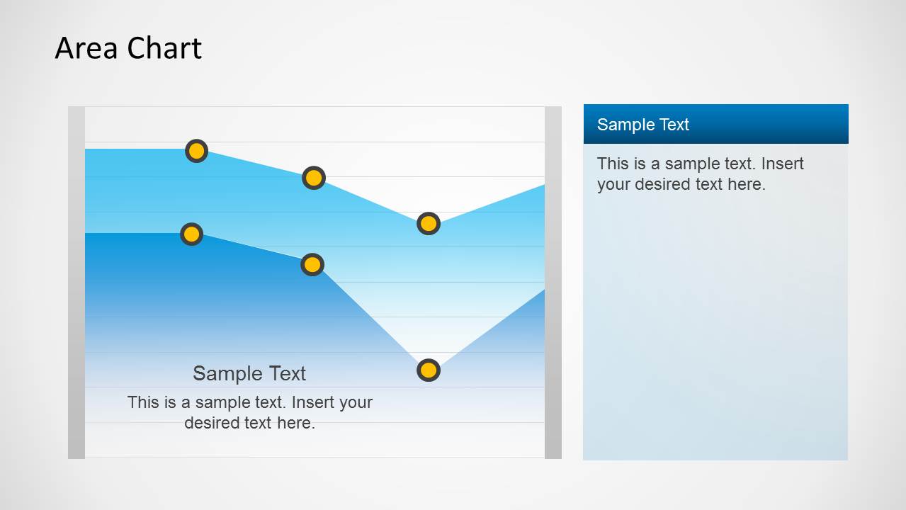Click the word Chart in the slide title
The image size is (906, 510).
click(165, 48)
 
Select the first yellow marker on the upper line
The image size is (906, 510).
click(196, 151)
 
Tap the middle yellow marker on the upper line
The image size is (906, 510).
click(314, 178)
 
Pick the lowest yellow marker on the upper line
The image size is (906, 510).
click(429, 224)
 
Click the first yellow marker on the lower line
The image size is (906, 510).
click(191, 234)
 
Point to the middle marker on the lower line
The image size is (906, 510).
click(312, 265)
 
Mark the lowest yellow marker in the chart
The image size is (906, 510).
click(429, 370)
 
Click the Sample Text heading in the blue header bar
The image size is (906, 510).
click(642, 125)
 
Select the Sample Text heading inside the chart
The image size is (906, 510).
click(249, 373)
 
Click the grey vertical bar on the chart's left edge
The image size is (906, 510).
click(77, 283)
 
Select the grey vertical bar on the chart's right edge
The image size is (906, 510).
click(553, 283)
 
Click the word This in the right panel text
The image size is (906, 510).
click(612, 164)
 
